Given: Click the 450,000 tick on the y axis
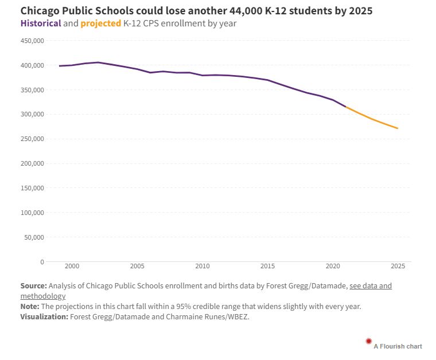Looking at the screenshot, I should [32, 41].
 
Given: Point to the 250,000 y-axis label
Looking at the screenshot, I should [32, 139].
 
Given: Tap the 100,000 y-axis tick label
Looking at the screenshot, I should [32, 213].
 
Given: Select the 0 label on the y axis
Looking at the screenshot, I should [41, 262].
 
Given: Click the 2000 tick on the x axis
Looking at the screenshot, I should [72, 267].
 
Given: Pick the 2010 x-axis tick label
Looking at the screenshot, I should [202, 267].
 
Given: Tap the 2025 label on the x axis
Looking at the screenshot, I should [397, 267].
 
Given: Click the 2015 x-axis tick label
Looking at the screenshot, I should [267, 267].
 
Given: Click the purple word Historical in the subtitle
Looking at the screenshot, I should [41, 24].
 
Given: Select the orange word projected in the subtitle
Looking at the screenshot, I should [101, 24].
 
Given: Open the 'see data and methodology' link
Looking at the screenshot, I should [370, 285].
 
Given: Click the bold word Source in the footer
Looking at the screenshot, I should [33, 285].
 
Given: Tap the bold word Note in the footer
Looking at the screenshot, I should [30, 307].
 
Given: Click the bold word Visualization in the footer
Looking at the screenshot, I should [44, 317].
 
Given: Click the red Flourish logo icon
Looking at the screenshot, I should [369, 342].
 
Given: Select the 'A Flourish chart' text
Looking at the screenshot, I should [398, 346].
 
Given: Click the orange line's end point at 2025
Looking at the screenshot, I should [398, 128].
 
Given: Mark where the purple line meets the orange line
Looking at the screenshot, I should [345, 107].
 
